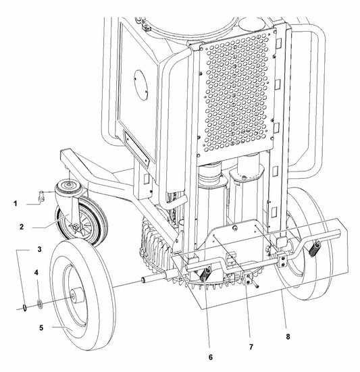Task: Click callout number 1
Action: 16,204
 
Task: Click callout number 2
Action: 22,227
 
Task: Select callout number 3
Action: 39,249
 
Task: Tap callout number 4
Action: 36,272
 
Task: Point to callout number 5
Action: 41,328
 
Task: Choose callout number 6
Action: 211,357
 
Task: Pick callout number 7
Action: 251,347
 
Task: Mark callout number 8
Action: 288,336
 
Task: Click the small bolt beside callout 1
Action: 42,196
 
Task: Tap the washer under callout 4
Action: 40,304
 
